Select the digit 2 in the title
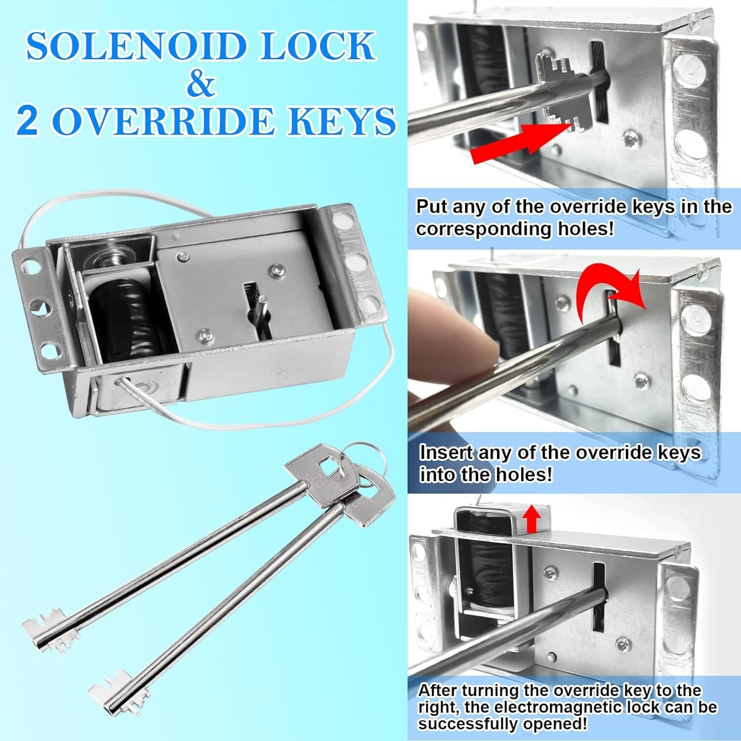click(x=28, y=121)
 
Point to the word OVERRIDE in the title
click(x=163, y=121)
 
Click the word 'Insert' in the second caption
click(x=442, y=453)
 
